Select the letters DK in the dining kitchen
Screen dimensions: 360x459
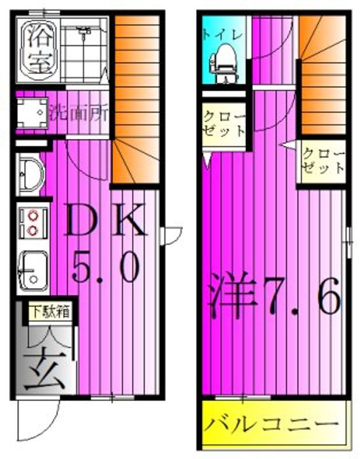[106, 219]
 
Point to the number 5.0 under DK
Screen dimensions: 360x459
[105, 267]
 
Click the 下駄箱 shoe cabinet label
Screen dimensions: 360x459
[50, 311]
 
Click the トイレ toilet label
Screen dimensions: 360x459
[223, 34]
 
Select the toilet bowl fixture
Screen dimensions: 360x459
[223, 63]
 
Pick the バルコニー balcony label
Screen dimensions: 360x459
[271, 425]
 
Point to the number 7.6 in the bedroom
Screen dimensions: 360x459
[302, 296]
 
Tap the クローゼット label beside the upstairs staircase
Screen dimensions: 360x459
[323, 161]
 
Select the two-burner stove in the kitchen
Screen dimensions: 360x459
[32, 222]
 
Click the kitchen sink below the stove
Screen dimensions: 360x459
[32, 271]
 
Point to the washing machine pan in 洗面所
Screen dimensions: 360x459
[32, 113]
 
